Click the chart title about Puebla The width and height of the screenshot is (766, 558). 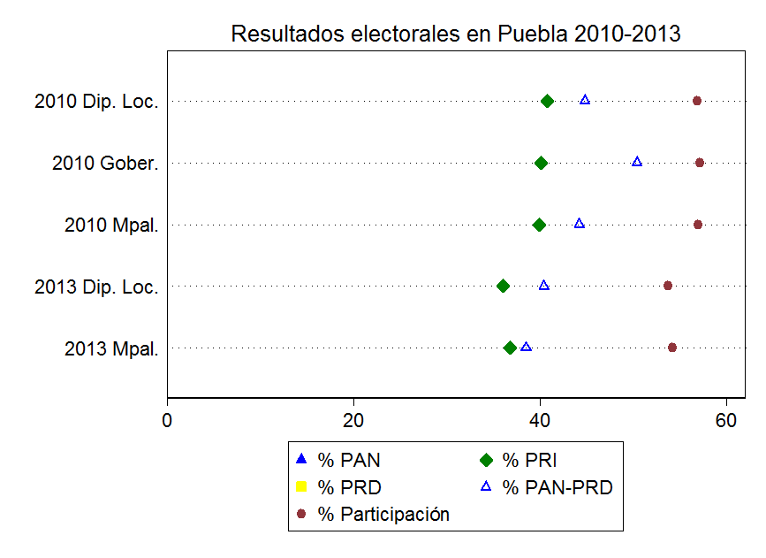(x=455, y=34)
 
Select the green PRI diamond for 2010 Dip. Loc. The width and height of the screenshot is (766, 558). (x=547, y=101)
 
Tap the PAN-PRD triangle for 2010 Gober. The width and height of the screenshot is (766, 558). (x=637, y=162)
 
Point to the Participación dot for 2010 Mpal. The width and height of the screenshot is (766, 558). (x=698, y=225)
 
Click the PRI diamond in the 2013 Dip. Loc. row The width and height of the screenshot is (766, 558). (x=504, y=286)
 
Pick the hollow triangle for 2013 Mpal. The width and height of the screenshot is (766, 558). (x=527, y=347)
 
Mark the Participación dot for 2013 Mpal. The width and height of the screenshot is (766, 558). (x=672, y=348)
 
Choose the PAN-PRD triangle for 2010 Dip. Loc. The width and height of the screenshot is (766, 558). (x=585, y=100)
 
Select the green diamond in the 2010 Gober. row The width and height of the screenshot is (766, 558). (x=542, y=163)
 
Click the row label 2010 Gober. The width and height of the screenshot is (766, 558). (x=105, y=164)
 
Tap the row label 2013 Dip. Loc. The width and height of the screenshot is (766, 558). (x=96, y=287)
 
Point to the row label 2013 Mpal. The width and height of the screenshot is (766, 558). (x=111, y=349)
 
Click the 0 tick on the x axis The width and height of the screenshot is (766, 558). (x=168, y=420)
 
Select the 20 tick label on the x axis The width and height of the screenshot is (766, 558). (x=353, y=420)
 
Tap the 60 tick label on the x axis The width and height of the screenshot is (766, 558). (x=726, y=420)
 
